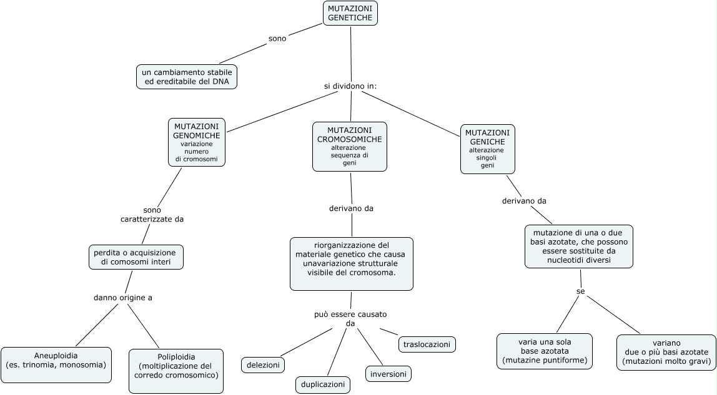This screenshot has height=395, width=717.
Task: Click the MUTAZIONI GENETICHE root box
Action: pos(350,13)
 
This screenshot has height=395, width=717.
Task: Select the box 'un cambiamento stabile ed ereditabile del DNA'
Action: pos(187,77)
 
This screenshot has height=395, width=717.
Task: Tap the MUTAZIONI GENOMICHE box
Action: pos(197,142)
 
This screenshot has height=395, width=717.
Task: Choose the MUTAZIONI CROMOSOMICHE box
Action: pos(350,146)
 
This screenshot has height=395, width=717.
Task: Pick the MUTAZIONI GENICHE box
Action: pos(488,149)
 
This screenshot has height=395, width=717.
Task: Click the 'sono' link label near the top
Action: pos(277,39)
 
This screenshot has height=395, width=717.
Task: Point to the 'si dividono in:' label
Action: pos(350,85)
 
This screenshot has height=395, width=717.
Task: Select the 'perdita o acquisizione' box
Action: pos(136,257)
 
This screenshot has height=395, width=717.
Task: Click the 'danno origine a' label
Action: pos(123,298)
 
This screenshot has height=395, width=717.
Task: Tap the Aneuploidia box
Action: pos(56,364)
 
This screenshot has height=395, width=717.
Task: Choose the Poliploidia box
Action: pos(176,371)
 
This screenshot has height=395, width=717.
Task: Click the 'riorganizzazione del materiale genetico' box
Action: pos(352,263)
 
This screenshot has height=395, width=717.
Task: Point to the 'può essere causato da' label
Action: pos(350,319)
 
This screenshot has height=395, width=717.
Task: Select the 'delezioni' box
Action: pos(263,364)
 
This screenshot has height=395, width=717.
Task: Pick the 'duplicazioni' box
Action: pos(323,384)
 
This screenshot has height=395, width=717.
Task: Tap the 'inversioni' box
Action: pos(388,374)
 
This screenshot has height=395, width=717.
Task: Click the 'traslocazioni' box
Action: pos(427,344)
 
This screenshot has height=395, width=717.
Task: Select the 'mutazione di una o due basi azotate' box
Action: pos(579,246)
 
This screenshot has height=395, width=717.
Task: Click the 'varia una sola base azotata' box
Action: pos(545,351)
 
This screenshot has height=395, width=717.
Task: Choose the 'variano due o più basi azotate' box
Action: pos(666,352)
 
